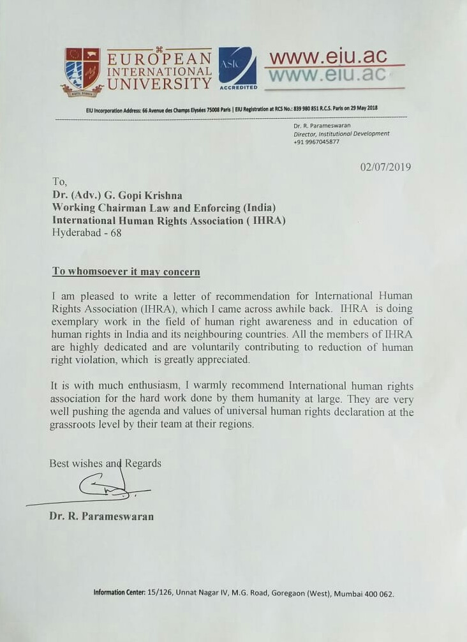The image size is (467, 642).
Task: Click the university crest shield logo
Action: pos(82,70)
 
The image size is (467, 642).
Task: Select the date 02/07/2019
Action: pos(385,168)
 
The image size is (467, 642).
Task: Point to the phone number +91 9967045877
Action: pos(316,142)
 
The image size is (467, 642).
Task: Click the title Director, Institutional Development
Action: pos(341,134)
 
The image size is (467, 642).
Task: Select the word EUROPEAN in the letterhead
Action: pos(159,59)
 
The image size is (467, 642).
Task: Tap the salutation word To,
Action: pos(59,182)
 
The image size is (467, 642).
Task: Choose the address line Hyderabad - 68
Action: pos(86,233)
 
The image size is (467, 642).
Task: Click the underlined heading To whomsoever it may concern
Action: pos(126,272)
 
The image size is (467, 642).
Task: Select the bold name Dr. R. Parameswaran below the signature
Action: pos(101,516)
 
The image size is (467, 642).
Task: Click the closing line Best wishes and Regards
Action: pos(105,463)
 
